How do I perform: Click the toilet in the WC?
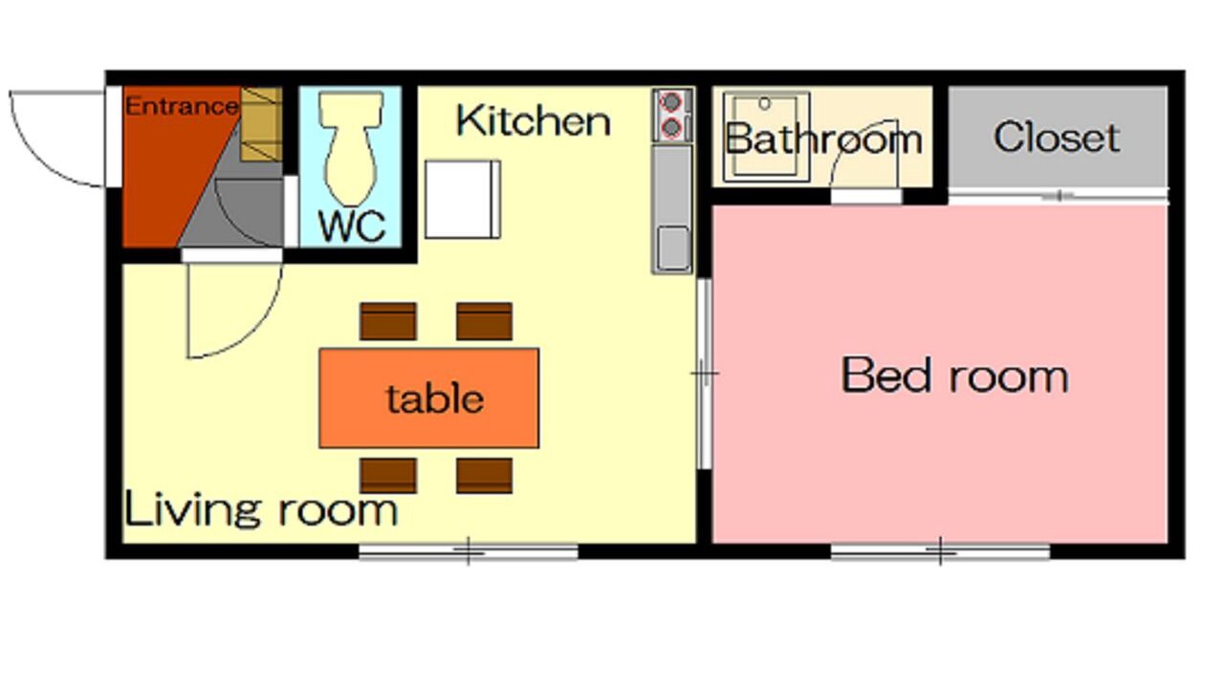[x=351, y=147]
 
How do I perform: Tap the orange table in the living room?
[x=429, y=398]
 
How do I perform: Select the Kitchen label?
[x=534, y=120]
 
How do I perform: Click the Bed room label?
[x=954, y=376]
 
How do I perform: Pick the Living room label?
[x=261, y=508]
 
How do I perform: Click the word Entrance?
[x=182, y=106]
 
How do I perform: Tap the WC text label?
[x=352, y=226]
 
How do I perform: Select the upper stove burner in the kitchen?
[x=671, y=102]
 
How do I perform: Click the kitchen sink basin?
[x=672, y=248]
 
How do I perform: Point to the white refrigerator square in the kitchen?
[x=462, y=200]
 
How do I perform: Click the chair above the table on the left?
[x=388, y=321]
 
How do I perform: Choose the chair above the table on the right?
[x=485, y=321]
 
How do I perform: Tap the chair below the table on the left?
[x=388, y=476]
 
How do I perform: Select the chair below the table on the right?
[x=485, y=476]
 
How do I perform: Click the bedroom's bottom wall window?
[x=940, y=551]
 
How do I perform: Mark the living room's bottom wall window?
[x=469, y=551]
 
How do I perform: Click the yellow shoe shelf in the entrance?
[x=261, y=124]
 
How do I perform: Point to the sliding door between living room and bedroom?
[x=705, y=374]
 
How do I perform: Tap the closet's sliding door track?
[x=1058, y=196]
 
